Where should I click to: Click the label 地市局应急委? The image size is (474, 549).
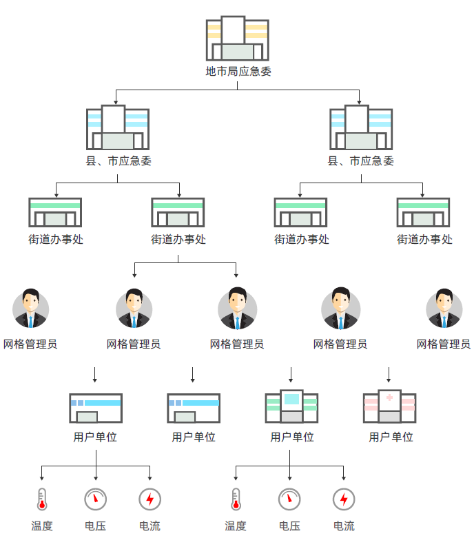pyautogui.click(x=237, y=70)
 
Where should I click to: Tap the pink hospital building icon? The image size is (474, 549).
pyautogui.click(x=389, y=407)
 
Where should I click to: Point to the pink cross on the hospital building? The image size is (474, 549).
pyautogui.click(x=390, y=397)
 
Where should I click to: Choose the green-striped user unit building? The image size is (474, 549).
pyautogui.click(x=291, y=407)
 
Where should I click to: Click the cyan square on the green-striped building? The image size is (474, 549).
pyautogui.click(x=291, y=398)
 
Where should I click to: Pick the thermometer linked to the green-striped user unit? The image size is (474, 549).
pyautogui.click(x=235, y=499)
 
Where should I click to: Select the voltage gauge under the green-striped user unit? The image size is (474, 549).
pyautogui.click(x=289, y=499)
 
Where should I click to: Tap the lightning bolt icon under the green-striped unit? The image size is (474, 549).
pyautogui.click(x=343, y=499)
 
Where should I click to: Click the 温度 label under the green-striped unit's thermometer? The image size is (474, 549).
pyautogui.click(x=235, y=526)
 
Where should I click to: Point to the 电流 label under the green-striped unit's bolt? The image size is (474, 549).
pyautogui.click(x=344, y=526)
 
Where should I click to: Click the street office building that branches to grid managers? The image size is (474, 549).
pyautogui.click(x=178, y=213)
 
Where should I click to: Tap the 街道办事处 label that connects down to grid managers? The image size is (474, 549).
pyautogui.click(x=178, y=240)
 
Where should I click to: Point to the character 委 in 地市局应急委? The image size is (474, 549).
pyautogui.click(x=266, y=70)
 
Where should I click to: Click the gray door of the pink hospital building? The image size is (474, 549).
pyautogui.click(x=389, y=416)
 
